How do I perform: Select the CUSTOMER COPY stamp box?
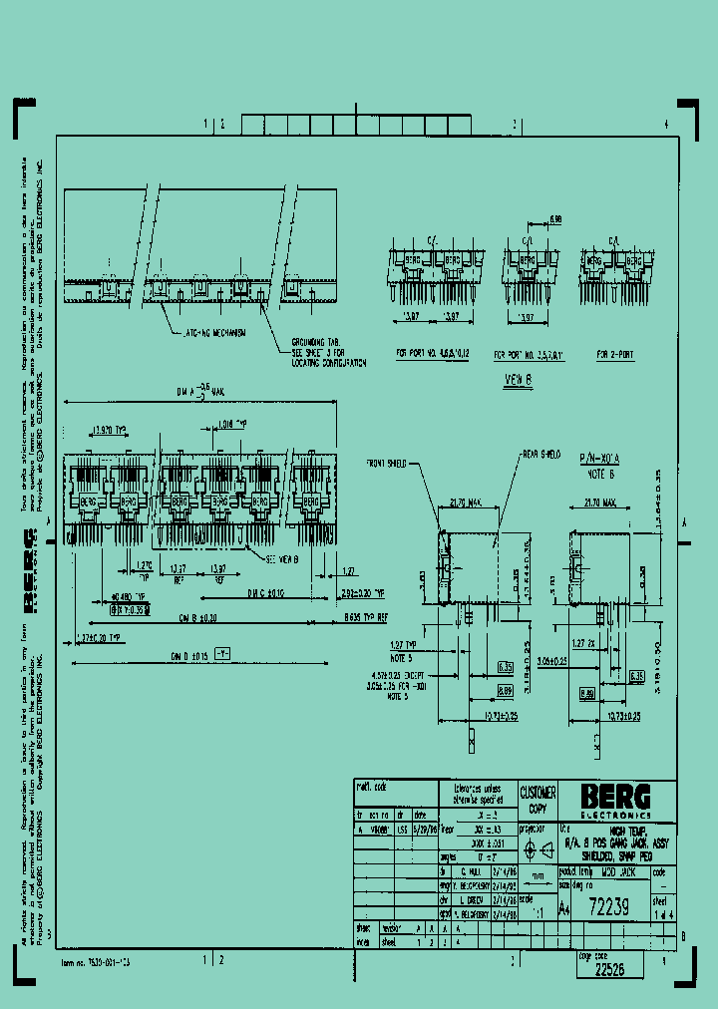point(538,798)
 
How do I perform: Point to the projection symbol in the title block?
point(538,850)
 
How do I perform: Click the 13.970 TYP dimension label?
point(109,430)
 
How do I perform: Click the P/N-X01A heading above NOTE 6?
point(599,452)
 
